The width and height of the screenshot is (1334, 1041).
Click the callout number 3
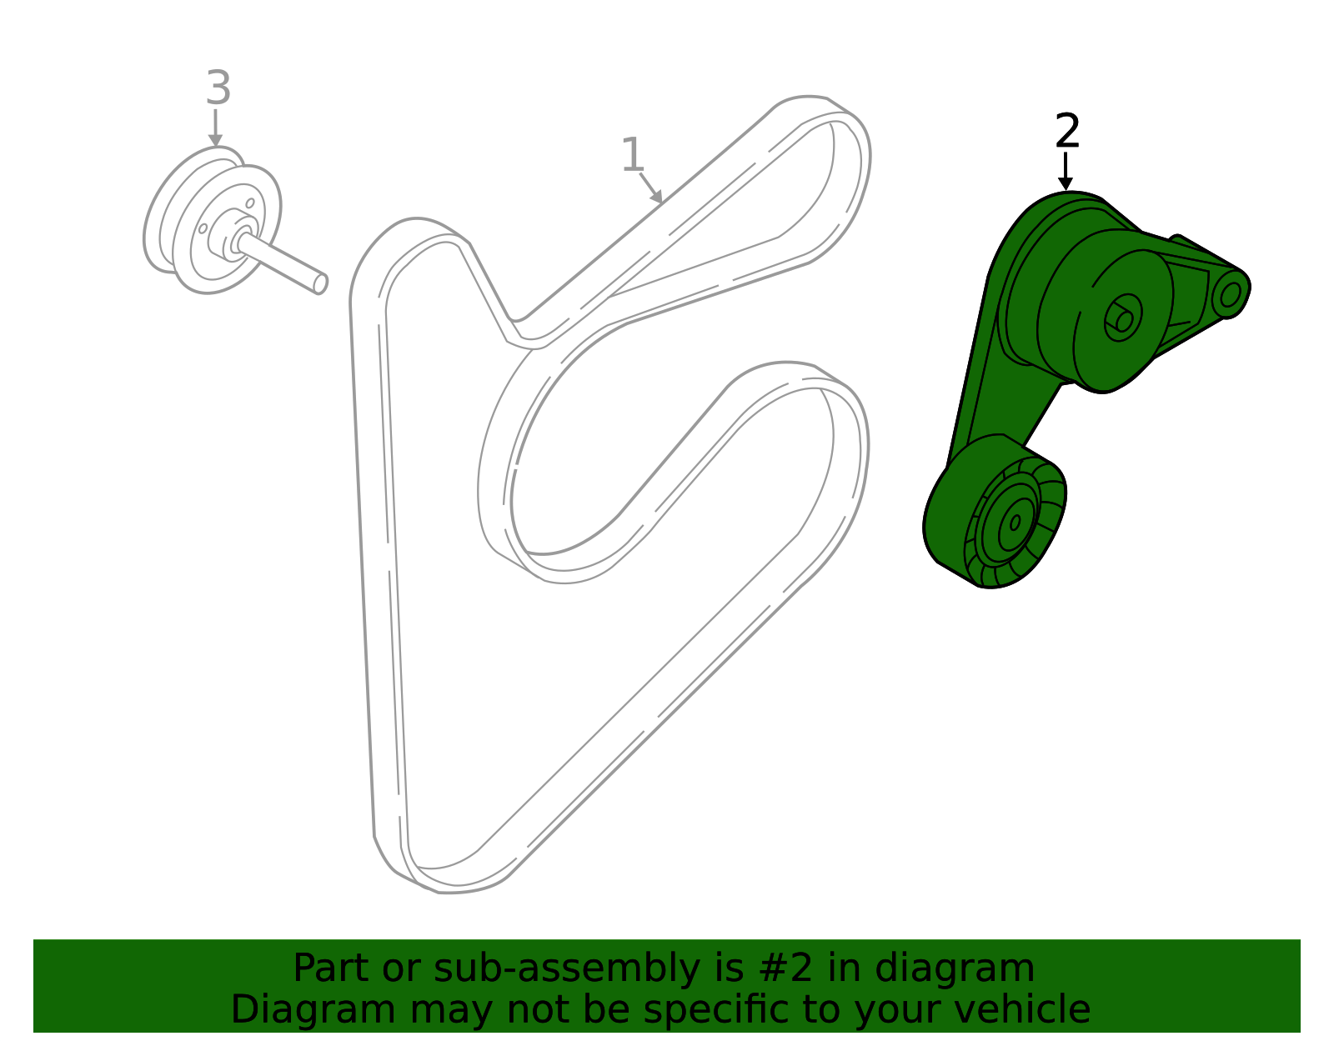[218, 88]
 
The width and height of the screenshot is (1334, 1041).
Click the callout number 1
[632, 154]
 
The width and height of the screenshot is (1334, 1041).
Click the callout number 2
[1067, 131]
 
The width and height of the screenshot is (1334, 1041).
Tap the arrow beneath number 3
[215, 128]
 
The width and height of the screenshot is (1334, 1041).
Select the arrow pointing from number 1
[650, 188]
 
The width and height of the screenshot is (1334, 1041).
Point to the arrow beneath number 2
[1065, 171]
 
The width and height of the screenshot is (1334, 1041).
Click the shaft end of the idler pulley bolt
[320, 284]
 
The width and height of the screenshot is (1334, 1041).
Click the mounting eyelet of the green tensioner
[1231, 294]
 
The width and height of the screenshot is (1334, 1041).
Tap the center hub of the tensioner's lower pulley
[1016, 523]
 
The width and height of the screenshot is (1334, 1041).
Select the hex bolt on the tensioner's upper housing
[1123, 318]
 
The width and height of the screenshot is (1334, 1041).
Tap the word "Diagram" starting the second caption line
[313, 1009]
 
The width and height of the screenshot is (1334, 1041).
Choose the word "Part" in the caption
[332, 968]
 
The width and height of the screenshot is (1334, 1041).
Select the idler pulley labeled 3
[213, 220]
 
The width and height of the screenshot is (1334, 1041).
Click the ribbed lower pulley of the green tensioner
[1016, 523]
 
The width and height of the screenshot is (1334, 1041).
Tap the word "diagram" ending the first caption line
[954, 969]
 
